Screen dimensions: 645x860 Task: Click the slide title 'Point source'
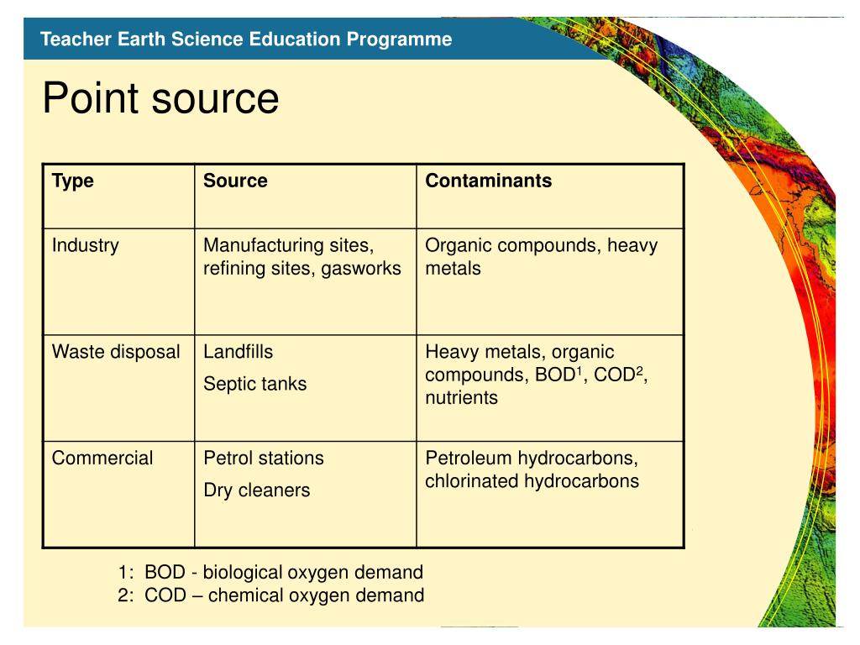pos(160,100)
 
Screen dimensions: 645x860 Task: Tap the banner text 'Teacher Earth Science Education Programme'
pos(246,39)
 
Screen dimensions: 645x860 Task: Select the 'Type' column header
pos(73,181)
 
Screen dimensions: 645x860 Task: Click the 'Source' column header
pos(235,181)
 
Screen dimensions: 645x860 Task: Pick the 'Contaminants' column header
pos(488,181)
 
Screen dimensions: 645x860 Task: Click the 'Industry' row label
pos(86,246)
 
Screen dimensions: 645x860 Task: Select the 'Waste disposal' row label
pos(116,352)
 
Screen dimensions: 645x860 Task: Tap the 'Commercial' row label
pos(102,459)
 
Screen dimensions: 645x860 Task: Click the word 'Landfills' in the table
pos(239,352)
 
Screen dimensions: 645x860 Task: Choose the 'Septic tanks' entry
pos(255,384)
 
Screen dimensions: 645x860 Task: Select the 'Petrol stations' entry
pos(264,459)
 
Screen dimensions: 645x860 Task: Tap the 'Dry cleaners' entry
pos(257,490)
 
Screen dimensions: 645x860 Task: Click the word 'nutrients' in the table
pos(461,398)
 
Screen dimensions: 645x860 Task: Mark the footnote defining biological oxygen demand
pos(270,573)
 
